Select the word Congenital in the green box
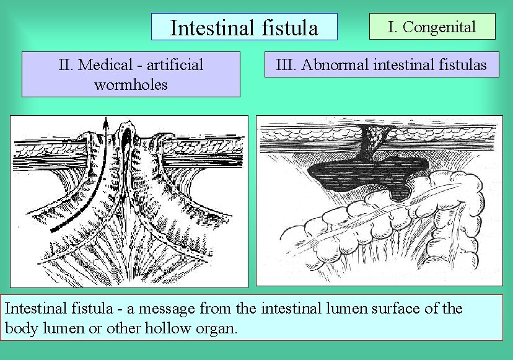[x=441, y=27]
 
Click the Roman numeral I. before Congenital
[x=393, y=27]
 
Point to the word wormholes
[x=131, y=84]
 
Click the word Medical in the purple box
[x=106, y=64]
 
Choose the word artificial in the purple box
[x=173, y=64]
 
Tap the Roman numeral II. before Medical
[x=66, y=64]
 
